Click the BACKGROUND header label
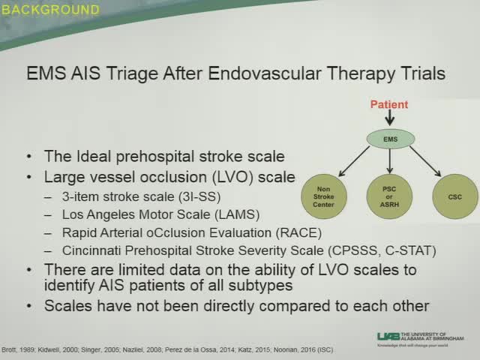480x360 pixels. (x=50, y=10)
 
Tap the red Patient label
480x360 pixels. (x=389, y=104)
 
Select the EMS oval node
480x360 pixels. (x=390, y=139)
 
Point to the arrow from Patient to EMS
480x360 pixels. (x=390, y=119)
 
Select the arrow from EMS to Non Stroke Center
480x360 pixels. (x=354, y=163)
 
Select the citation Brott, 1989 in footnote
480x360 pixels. (x=20, y=350)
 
